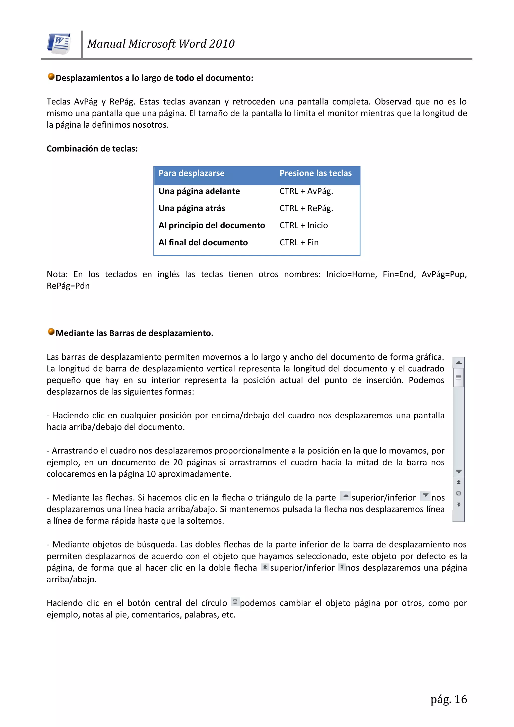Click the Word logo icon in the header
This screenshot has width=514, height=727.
click(x=59, y=44)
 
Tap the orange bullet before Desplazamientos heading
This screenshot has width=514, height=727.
click(x=51, y=77)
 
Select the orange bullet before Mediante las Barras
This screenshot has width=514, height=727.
click(x=51, y=331)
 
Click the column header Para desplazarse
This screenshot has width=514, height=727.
click(x=191, y=173)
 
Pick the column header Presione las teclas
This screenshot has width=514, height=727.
click(x=315, y=173)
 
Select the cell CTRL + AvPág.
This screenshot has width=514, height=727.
click(x=306, y=191)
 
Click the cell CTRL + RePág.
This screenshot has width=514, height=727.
click(x=306, y=208)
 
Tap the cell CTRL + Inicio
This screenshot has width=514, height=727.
click(x=303, y=226)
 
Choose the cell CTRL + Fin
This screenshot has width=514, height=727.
click(x=299, y=243)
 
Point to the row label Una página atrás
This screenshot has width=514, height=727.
click(x=191, y=208)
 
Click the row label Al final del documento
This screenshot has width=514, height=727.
click(x=203, y=243)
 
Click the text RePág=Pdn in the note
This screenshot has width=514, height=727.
click(x=68, y=286)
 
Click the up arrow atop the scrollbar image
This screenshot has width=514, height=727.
click(x=458, y=362)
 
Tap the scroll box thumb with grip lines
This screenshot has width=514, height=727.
click(x=458, y=377)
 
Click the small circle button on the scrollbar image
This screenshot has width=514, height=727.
click(x=458, y=493)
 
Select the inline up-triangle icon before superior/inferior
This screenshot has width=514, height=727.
click(x=345, y=496)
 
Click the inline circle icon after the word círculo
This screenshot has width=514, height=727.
click(x=235, y=601)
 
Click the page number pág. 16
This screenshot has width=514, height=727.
click(x=448, y=699)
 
